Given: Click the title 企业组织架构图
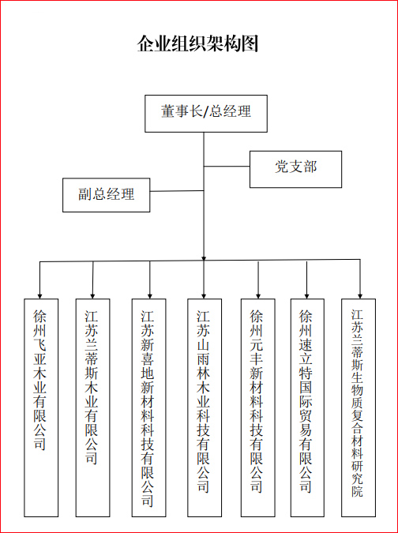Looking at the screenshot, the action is [x=197, y=44].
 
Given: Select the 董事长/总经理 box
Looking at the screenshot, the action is [x=206, y=114].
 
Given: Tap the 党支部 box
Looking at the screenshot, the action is [x=295, y=169].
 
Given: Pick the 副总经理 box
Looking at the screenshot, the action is [x=107, y=195].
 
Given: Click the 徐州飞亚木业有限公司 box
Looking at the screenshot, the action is [x=41, y=407].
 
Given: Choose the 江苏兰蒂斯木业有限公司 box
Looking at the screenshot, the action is [x=92, y=407].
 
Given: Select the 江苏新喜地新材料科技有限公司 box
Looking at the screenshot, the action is [x=149, y=407].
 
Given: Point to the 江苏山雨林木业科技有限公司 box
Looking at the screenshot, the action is [x=205, y=407].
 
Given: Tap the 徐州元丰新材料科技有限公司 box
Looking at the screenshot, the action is [x=258, y=407].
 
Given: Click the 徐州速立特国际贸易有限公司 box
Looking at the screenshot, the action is [x=307, y=407].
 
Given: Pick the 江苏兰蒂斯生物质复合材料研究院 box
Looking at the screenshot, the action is [x=359, y=407].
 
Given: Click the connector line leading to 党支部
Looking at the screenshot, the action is [x=227, y=167].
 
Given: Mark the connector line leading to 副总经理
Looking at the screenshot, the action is [x=177, y=191].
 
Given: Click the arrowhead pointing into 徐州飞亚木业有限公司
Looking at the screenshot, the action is [x=39, y=296].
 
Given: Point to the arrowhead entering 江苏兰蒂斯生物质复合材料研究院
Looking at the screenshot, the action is [x=360, y=296].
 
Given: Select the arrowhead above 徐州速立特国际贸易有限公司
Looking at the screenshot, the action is [x=306, y=296].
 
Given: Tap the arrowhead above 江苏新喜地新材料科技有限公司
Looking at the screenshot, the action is [x=150, y=296].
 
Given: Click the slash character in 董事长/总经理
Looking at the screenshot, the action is [x=205, y=112].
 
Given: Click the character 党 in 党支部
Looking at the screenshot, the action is [x=281, y=167].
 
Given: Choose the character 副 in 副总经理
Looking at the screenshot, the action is [x=85, y=194].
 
